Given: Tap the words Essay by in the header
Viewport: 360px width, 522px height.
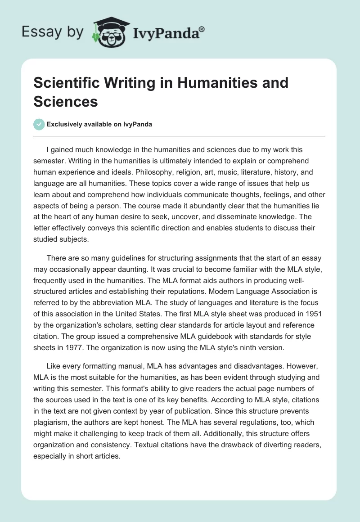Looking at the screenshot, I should pyautogui.click(x=52, y=32).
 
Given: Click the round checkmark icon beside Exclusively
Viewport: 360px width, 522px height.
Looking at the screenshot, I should pyautogui.click(x=39, y=125).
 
